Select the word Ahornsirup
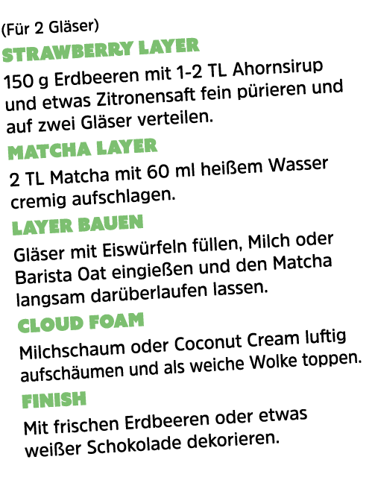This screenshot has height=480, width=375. [x=277, y=68]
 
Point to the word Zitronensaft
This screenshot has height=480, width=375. [x=145, y=96]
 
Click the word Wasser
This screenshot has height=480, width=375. [x=298, y=165]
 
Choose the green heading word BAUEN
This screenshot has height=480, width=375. [x=111, y=223]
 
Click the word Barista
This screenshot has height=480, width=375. [x=43, y=275]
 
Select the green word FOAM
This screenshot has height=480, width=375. [x=116, y=321]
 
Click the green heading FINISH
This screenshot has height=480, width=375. [x=54, y=400]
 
